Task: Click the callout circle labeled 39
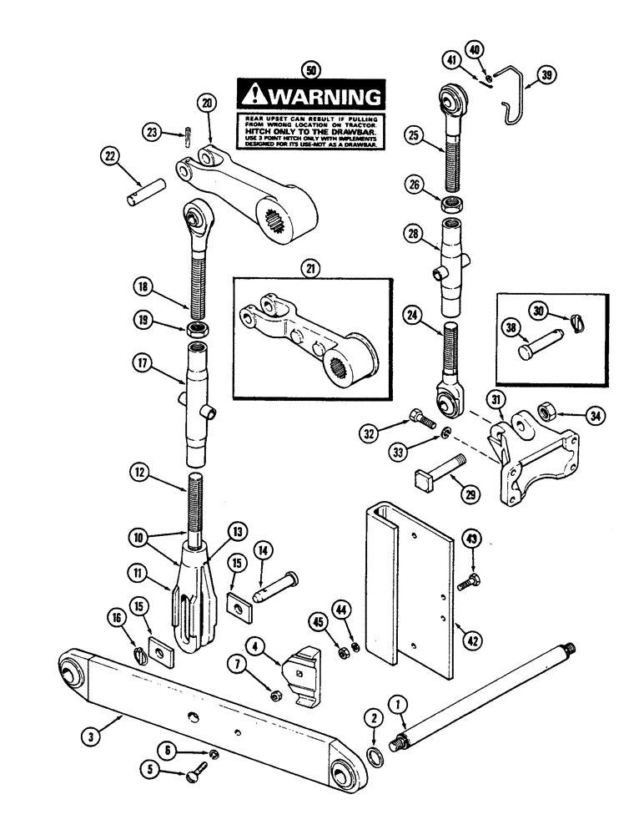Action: click(546, 76)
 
